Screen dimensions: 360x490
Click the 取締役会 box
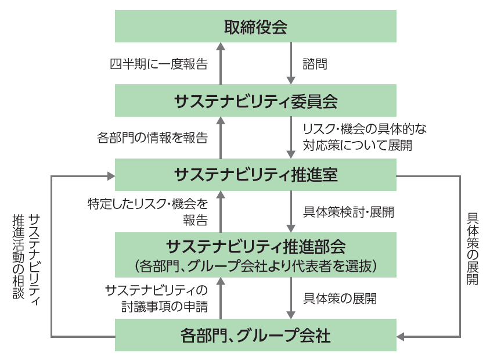coord(255,27)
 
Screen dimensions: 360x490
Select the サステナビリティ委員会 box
coord(255,100)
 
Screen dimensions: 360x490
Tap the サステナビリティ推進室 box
coord(255,174)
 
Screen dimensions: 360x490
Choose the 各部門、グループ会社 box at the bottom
coord(255,335)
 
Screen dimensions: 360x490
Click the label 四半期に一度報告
coord(158,64)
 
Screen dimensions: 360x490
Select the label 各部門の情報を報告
coord(152,138)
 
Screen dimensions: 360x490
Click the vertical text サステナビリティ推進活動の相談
coord(26,255)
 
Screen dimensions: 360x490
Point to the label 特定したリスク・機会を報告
coord(147,211)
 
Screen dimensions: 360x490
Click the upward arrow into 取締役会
coord(221,63)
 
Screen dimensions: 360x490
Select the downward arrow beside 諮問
coord(290,63)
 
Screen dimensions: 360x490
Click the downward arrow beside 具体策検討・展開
coord(290,211)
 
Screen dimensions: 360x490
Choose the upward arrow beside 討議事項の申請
coord(221,298)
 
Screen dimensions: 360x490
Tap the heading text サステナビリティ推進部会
coord(255,246)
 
